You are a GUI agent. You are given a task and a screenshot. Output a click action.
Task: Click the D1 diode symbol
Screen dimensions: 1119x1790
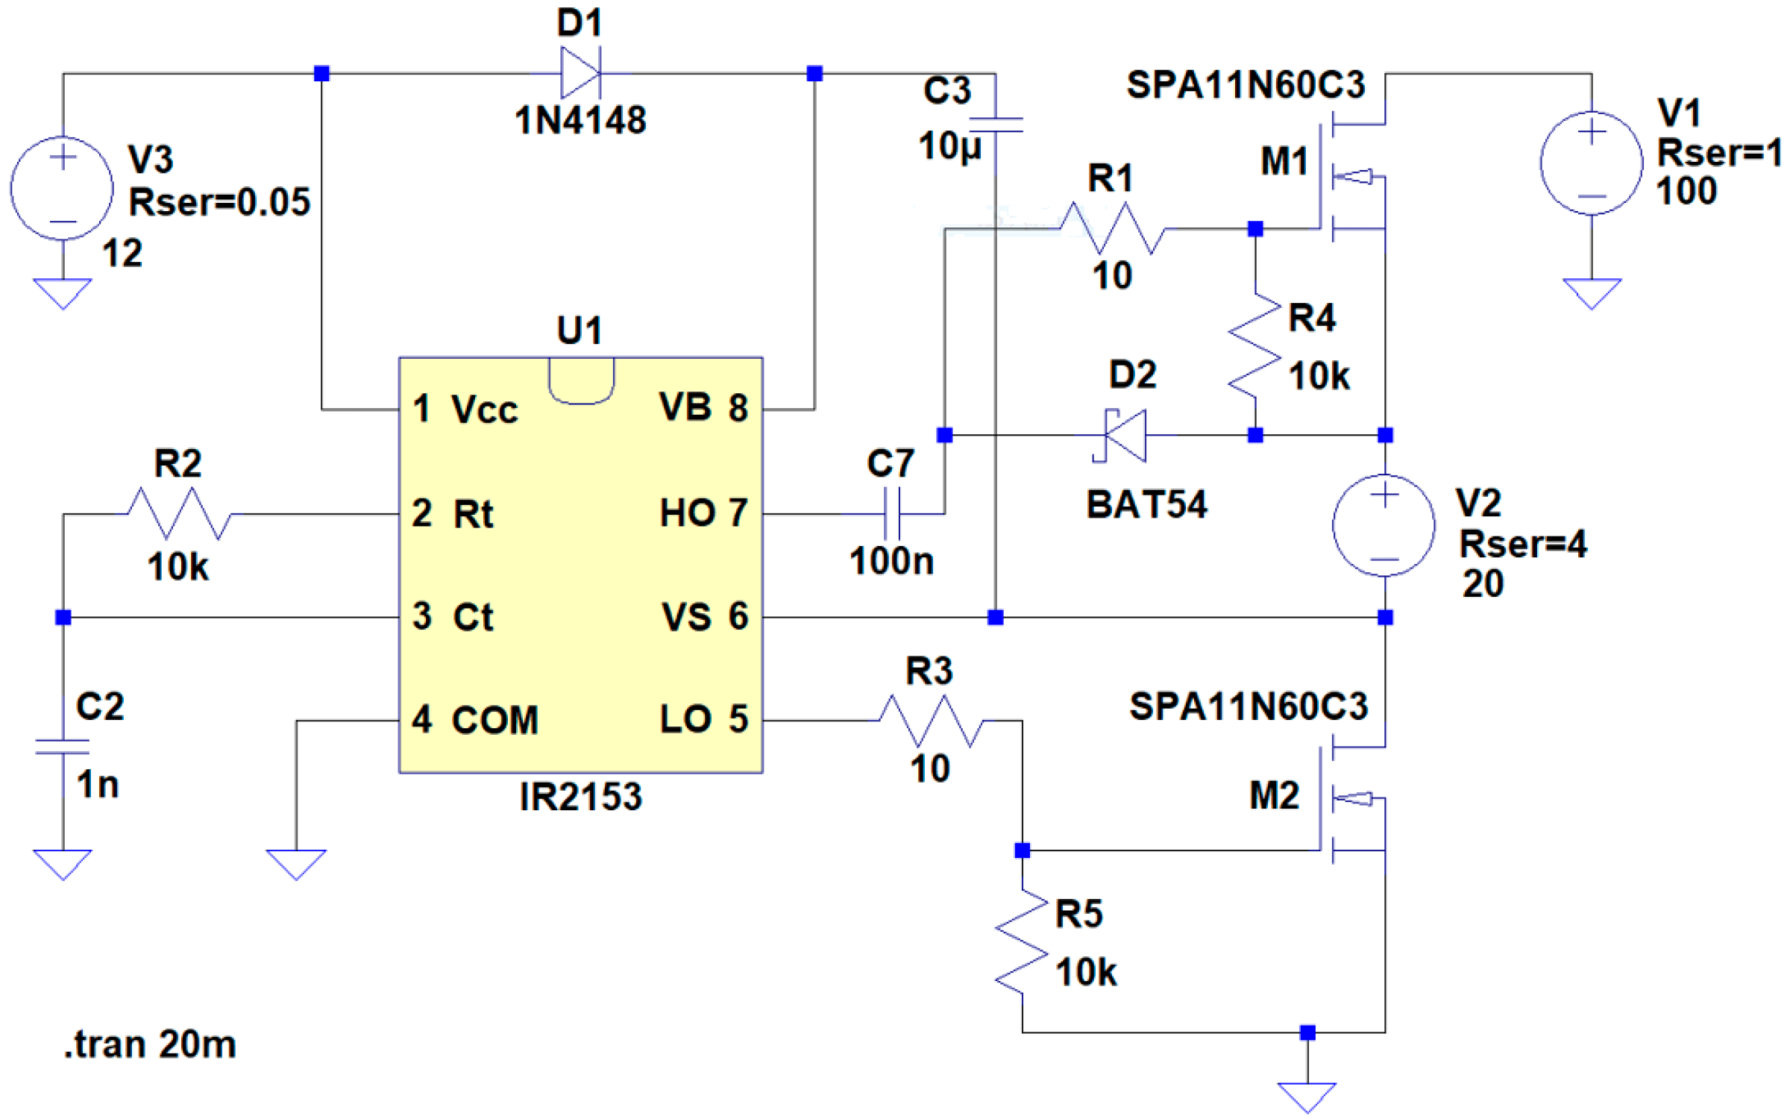coord(580,73)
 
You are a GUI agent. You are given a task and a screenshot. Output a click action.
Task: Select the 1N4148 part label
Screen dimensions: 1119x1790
coord(580,120)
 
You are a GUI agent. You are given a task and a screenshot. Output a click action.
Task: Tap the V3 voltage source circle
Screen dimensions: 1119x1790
coord(62,188)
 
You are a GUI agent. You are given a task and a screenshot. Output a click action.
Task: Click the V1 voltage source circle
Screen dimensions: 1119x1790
coord(1591,163)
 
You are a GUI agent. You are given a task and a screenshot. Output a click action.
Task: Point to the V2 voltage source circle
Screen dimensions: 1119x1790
coord(1384,525)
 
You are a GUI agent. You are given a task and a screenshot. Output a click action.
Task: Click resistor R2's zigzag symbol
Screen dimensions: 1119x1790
coord(179,513)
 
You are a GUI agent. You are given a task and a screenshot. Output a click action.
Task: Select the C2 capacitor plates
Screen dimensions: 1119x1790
coord(63,747)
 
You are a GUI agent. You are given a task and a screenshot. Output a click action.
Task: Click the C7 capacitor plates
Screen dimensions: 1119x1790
coord(892,513)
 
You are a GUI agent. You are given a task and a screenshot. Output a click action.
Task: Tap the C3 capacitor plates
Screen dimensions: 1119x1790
coord(995,125)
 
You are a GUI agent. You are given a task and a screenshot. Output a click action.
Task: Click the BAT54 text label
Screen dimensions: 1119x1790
coord(1146,505)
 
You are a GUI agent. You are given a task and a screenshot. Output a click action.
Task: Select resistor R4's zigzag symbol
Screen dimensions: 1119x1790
coord(1254,345)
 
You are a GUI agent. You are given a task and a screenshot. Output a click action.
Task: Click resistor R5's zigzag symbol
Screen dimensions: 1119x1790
coord(1022,941)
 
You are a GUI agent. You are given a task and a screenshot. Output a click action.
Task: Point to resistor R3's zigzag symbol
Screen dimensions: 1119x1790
coord(931,721)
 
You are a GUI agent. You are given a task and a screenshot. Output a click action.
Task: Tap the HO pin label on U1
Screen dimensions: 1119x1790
coord(685,513)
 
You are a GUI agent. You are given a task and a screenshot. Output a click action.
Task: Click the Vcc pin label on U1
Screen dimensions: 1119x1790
coord(484,410)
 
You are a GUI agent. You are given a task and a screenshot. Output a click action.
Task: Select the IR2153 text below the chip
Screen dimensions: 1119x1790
coord(580,797)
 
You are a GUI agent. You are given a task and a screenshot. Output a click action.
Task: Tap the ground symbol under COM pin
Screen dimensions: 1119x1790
coord(296,863)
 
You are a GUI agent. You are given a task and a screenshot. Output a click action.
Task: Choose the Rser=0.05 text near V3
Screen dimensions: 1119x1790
coord(219,203)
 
